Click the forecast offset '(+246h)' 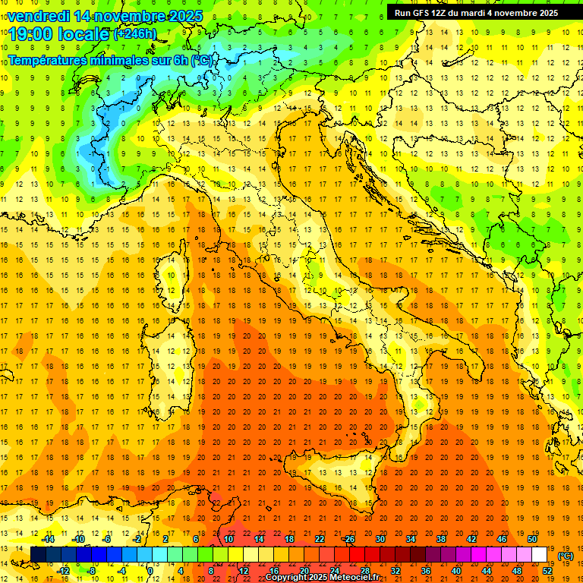point(134,34)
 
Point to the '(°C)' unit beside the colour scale point(565,556)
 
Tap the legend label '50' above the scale point(531,539)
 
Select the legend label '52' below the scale point(547,571)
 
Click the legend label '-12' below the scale point(63,571)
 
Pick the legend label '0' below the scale point(151,571)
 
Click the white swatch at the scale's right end point(539,555)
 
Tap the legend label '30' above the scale point(380,539)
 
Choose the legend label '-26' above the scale point(348,539)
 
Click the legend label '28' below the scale point(364,571)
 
